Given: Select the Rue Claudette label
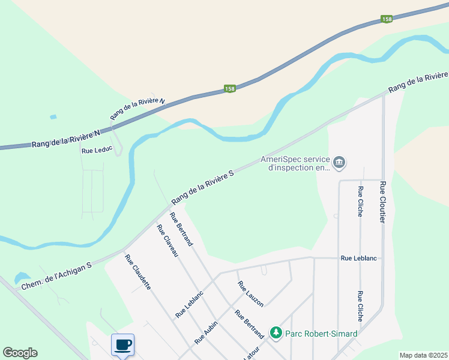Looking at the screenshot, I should click(137, 273).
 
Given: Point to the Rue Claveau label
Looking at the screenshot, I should click(167, 241).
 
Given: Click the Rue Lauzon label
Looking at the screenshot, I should click(250, 294).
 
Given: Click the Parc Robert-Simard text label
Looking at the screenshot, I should click(321, 334).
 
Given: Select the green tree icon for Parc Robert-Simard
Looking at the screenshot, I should click(276, 332).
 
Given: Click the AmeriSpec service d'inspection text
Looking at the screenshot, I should click(295, 163).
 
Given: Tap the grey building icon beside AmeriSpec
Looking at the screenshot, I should click(339, 163).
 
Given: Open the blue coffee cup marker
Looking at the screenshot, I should click(122, 345).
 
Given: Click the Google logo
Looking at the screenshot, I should click(20, 353).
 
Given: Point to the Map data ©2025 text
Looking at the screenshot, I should click(423, 355).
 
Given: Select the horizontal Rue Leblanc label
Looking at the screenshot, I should click(358, 258).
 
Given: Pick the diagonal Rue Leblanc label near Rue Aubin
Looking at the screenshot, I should click(190, 304).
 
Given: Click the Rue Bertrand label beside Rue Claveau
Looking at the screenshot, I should click(181, 229).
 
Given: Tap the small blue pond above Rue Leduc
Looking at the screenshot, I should click(53, 116).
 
